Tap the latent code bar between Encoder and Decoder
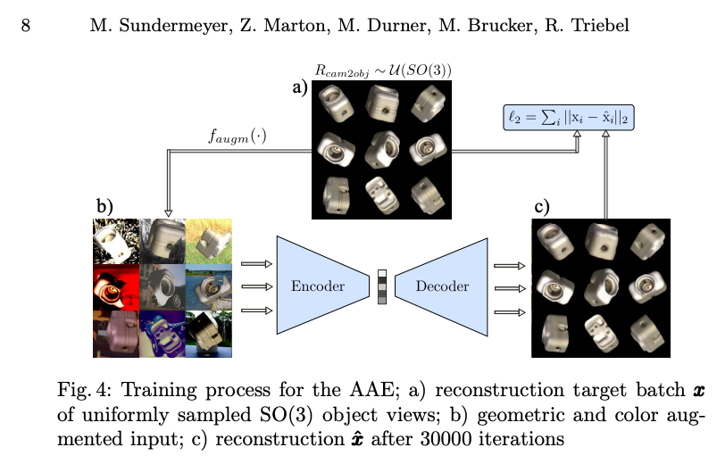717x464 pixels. pos(381,286)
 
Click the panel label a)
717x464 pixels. pos(299,87)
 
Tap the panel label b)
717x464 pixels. pos(104,206)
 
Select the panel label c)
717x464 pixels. pos(542,207)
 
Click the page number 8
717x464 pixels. pos(26,26)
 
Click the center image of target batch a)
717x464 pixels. pos(381,147)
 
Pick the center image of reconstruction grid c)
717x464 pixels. pos(600,287)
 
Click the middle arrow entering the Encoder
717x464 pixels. pos(255,286)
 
